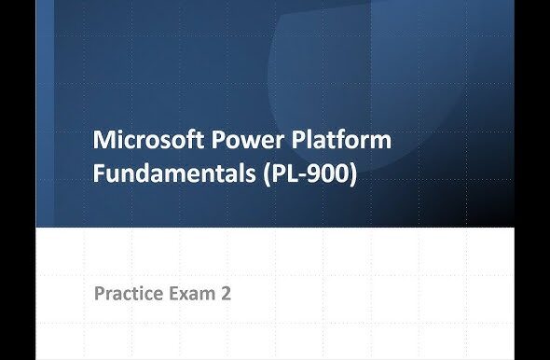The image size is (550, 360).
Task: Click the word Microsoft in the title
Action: coord(151,142)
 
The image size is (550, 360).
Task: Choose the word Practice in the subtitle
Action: coord(130,294)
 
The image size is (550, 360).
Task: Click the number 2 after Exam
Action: coord(226,294)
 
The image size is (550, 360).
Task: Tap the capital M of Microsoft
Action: coord(104,142)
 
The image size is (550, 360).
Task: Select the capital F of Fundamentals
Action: coord(100,173)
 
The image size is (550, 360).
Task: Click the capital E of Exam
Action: coord(175,294)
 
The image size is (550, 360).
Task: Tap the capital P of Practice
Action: coord(100,294)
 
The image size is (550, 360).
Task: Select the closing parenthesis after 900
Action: coord(353,174)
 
